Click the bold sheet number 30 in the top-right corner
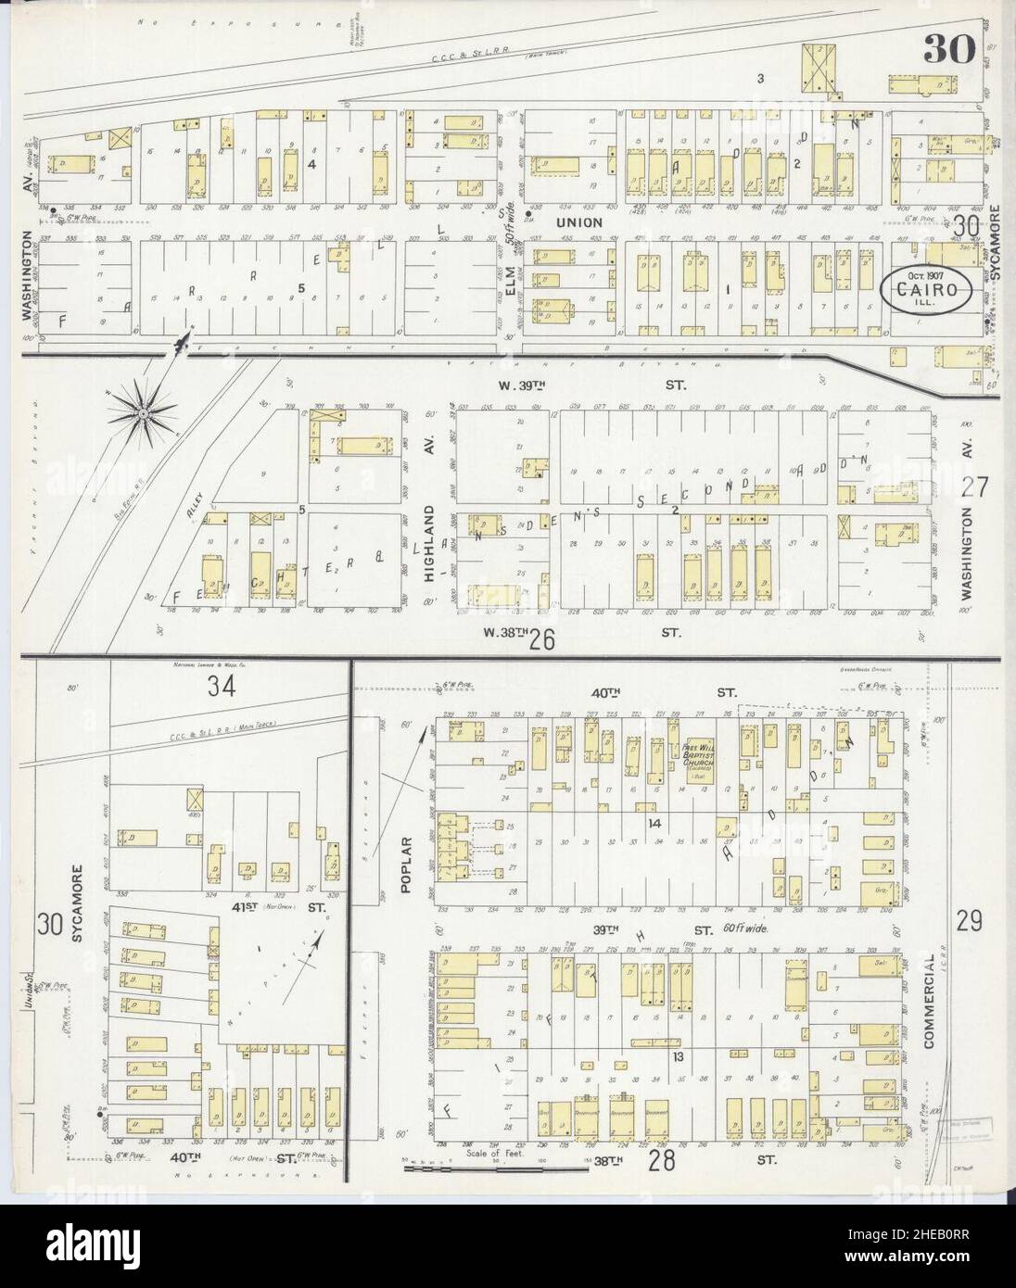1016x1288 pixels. [946, 52]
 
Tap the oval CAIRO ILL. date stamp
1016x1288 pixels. [926, 290]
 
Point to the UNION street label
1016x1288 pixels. [579, 223]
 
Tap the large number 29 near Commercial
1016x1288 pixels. [970, 921]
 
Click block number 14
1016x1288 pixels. [654, 823]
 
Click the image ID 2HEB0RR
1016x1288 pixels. [951, 1271]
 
